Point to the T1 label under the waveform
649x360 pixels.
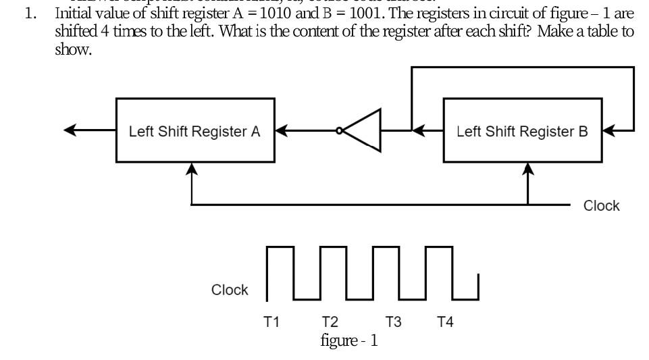pos(271,322)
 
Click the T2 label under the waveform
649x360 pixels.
pos(330,322)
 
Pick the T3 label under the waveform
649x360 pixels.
pos(394,322)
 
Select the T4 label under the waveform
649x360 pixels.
pos(445,322)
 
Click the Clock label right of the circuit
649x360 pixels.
pos(601,206)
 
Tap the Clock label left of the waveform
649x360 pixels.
pos(230,290)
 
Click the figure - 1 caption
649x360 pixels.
pos(349,340)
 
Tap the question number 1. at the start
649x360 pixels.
pos(30,13)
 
